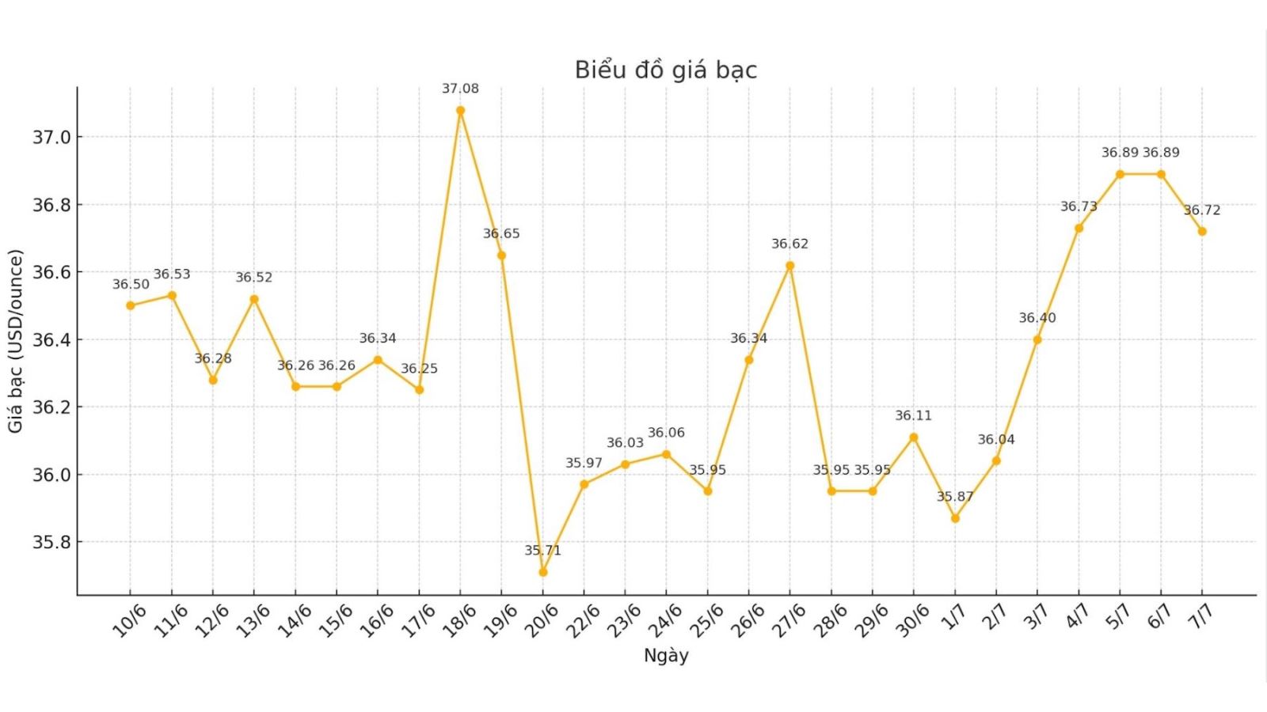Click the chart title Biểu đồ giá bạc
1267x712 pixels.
(666, 70)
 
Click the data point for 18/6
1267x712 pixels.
(460, 111)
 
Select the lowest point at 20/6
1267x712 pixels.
(542, 572)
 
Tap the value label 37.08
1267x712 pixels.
(460, 89)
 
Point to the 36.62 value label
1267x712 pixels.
(789, 244)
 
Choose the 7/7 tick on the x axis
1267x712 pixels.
(1201, 616)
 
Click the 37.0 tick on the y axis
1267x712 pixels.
(51, 138)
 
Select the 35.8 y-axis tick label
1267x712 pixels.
(51, 543)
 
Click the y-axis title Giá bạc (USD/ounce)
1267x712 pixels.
(16, 341)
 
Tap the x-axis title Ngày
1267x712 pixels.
(666, 656)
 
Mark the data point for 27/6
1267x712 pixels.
(789, 266)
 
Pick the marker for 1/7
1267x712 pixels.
(955, 518)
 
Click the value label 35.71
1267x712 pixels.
(542, 551)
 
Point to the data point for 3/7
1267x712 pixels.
(1037, 340)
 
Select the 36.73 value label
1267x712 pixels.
(1079, 206)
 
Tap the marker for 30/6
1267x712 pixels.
(914, 437)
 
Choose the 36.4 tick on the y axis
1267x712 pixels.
(51, 340)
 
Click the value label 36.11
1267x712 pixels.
(914, 415)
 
